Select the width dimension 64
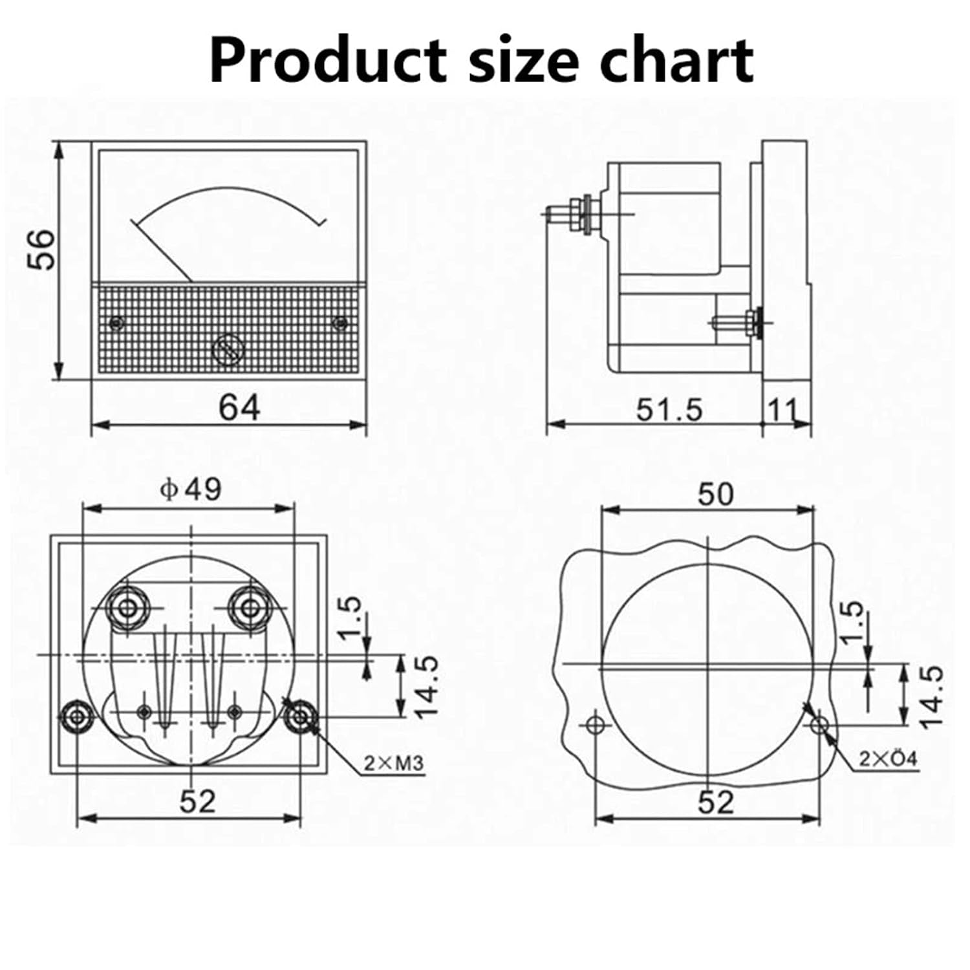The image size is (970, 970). (x=239, y=408)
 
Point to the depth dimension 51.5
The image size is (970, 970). (x=669, y=410)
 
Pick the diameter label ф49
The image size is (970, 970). (x=191, y=490)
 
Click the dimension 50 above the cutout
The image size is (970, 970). (x=716, y=495)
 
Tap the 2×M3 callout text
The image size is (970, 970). (x=393, y=764)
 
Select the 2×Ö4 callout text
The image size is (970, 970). (x=888, y=759)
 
